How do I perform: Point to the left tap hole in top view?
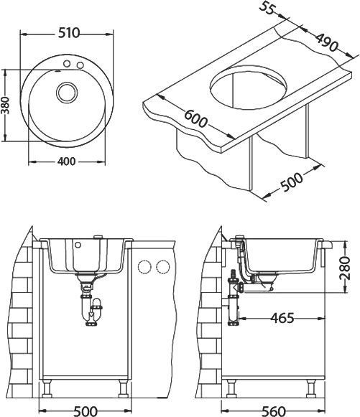click(x=65, y=66)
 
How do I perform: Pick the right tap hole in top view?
click(x=80, y=67)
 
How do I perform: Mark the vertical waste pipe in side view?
click(x=233, y=305)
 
